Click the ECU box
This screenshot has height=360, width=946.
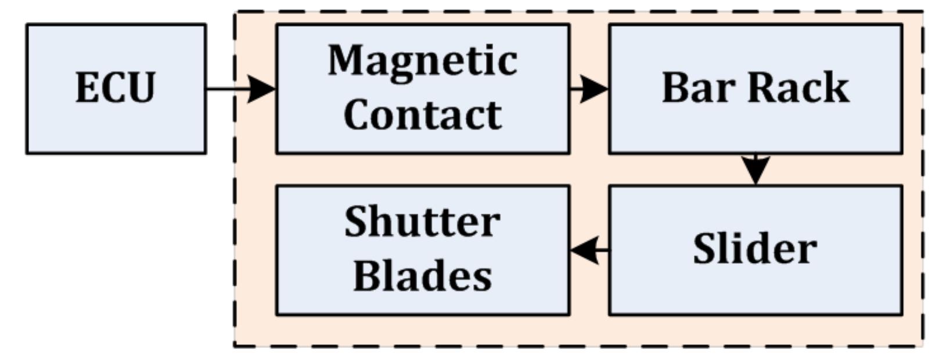pos(116,89)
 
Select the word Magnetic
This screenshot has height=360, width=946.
pos(422,60)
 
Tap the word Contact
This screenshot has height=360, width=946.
pos(422,114)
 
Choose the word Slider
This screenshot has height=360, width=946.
pos(755,249)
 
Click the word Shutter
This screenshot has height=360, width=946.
pos(422,222)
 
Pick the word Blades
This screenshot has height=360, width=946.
pos(422,276)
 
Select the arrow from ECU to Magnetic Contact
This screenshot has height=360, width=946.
pos(241,89)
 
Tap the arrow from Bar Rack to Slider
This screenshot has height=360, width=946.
pos(755,169)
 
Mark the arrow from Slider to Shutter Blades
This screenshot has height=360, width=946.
pos(589,250)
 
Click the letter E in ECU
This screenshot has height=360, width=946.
pos(87,89)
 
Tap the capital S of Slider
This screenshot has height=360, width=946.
pos(706,249)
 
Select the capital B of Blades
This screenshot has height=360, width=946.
pos(366,276)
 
